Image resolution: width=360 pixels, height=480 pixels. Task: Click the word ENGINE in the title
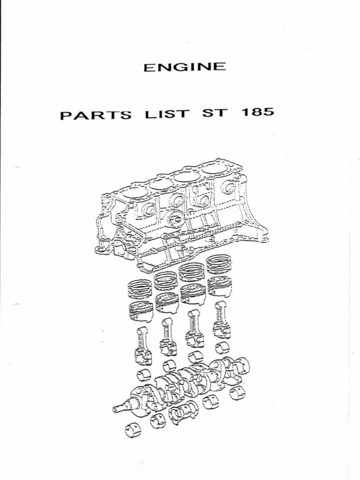(x=184, y=67)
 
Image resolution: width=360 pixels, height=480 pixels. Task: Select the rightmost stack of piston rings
(x=219, y=264)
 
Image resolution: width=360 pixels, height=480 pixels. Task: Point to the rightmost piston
(x=219, y=286)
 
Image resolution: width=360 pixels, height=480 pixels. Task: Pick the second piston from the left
(x=167, y=302)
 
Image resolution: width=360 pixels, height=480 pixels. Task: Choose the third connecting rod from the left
(x=195, y=329)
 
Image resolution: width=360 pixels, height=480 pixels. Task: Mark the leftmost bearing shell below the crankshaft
(x=133, y=429)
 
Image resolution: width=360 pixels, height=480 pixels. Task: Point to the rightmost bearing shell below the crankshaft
(x=237, y=393)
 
